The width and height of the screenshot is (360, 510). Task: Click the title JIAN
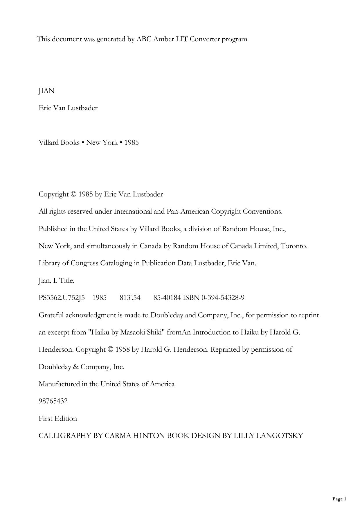pyautogui.click(x=46, y=91)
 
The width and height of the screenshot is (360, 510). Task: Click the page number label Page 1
pyautogui.click(x=339, y=499)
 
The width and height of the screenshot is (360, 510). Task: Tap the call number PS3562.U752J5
pyautogui.click(x=62, y=298)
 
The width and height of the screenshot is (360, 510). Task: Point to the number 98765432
pyautogui.click(x=53, y=401)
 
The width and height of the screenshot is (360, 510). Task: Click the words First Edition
pyautogui.click(x=58, y=418)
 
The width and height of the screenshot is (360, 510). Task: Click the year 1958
pyautogui.click(x=123, y=350)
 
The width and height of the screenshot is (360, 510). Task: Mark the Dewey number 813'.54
pyautogui.click(x=130, y=298)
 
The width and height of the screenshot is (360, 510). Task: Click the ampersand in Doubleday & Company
pyautogui.click(x=76, y=367)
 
